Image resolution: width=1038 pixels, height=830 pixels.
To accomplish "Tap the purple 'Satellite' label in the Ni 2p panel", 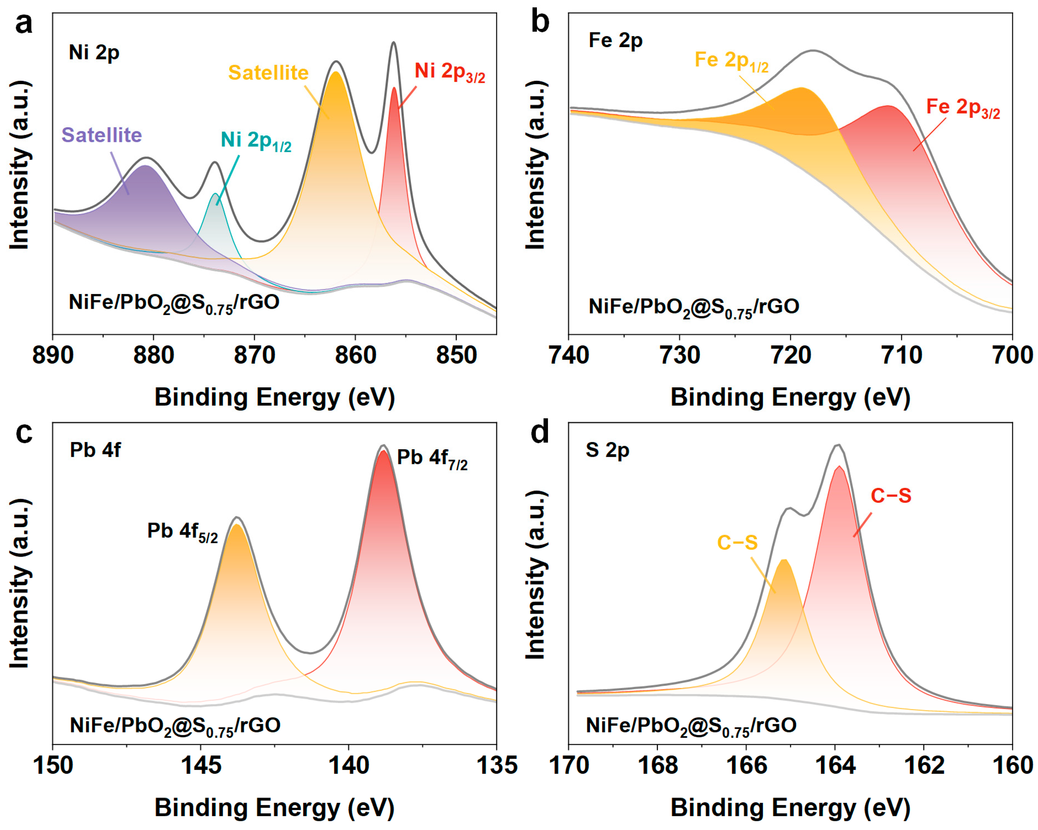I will click(x=101, y=135).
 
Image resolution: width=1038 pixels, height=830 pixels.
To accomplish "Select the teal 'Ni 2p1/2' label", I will click(x=256, y=140).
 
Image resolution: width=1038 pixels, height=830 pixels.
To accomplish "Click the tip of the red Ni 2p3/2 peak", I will click(x=394, y=88).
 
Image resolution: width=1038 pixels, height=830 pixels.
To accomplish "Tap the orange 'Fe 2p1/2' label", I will click(x=731, y=61).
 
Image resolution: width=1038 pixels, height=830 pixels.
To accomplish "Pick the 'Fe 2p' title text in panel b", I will click(x=615, y=41).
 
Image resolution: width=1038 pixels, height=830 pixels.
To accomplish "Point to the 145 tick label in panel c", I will click(x=201, y=766).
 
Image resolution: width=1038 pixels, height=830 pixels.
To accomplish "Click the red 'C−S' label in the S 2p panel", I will click(x=891, y=496).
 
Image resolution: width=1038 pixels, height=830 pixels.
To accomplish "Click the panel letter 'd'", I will click(x=540, y=432).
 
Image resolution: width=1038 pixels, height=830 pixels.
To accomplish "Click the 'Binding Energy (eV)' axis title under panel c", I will click(x=275, y=808).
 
